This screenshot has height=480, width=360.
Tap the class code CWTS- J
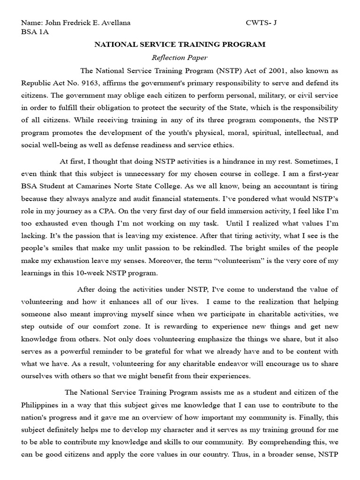(261, 22)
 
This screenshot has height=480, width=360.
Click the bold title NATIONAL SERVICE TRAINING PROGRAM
(180, 45)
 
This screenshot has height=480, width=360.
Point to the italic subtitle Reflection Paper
(180, 58)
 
